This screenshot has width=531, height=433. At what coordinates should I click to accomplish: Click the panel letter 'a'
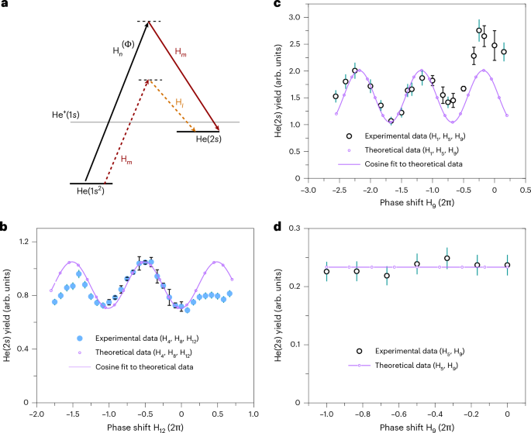(4, 4)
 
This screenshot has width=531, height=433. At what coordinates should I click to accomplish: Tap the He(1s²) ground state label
(91, 191)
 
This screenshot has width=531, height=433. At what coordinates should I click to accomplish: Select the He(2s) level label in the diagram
(209, 139)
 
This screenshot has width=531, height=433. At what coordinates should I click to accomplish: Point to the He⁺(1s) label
(66, 115)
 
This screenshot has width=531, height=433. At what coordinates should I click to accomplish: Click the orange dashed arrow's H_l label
(180, 101)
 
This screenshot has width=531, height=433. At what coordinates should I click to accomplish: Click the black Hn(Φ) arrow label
(123, 48)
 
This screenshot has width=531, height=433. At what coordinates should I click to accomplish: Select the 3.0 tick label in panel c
(295, 17)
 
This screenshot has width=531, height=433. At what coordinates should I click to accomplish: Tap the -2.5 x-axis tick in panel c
(339, 190)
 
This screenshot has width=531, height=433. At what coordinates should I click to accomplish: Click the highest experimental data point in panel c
(479, 30)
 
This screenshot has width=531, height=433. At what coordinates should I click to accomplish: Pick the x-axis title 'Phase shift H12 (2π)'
(145, 428)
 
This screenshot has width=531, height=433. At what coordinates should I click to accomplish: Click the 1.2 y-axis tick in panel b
(23, 242)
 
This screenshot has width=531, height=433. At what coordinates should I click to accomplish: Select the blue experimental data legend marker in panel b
(80, 338)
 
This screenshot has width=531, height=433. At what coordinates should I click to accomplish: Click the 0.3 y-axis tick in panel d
(296, 229)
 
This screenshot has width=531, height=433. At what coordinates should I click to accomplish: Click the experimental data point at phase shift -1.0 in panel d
(326, 272)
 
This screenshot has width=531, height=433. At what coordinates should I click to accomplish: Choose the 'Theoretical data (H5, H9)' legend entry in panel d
(416, 366)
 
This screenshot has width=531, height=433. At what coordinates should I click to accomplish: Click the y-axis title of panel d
(278, 315)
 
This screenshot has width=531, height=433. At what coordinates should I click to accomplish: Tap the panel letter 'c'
(278, 4)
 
